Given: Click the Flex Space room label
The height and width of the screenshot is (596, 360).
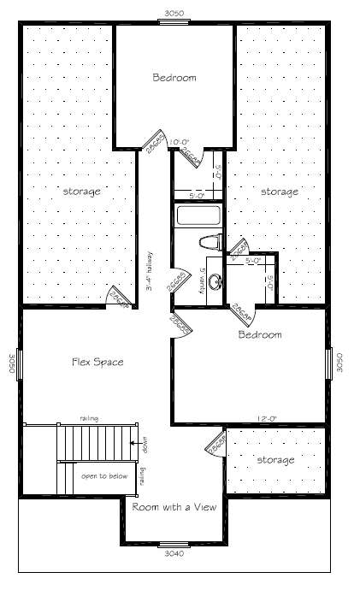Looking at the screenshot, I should click(x=97, y=362).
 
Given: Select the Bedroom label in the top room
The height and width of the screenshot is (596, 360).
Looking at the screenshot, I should click(x=174, y=78).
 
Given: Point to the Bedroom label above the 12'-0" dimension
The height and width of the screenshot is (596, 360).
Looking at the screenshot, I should click(x=259, y=334).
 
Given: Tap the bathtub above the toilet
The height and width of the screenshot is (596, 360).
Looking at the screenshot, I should click(x=198, y=215).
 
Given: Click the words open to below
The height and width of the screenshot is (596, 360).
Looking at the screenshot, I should click(x=100, y=475).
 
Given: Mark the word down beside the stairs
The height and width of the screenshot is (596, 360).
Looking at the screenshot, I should click(x=145, y=444).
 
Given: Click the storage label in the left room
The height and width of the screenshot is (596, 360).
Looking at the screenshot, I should click(x=81, y=191).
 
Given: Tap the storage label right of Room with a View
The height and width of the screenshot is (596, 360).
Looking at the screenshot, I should click(x=275, y=460).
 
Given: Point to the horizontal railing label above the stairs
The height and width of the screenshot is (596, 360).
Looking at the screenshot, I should click(x=89, y=417).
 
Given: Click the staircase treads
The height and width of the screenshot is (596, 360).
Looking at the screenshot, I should click(x=94, y=442).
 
